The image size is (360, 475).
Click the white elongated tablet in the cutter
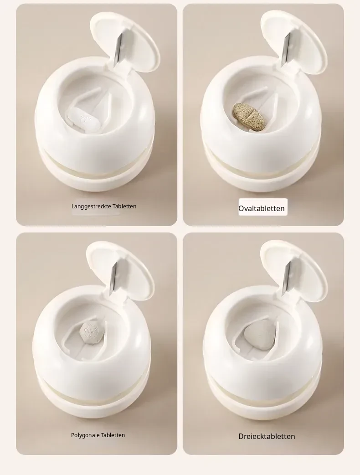click(x=82, y=119)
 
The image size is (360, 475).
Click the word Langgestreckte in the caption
click(x=92, y=207)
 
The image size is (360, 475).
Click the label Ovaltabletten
click(x=261, y=208)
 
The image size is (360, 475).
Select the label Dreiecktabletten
click(x=267, y=437)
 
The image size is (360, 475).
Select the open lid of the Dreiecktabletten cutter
click(x=294, y=274)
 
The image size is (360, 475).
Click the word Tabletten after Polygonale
click(x=113, y=435)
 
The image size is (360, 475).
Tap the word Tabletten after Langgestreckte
click(x=124, y=207)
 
